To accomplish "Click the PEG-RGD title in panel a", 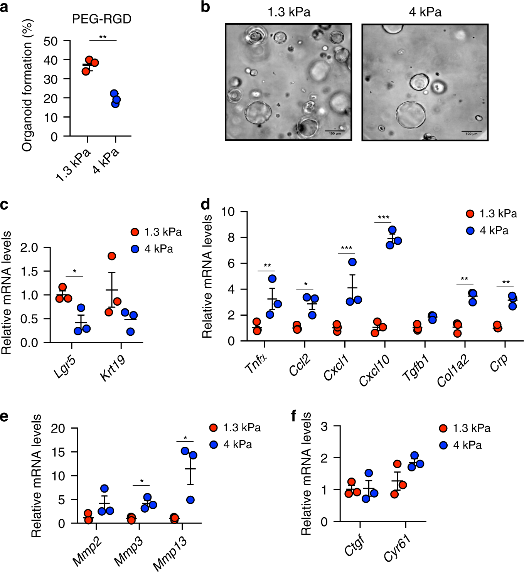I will pos(101,19).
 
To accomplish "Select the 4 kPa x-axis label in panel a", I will pos(106,161).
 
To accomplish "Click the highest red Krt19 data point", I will pos(112,256).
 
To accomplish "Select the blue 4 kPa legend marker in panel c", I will pos(135,249).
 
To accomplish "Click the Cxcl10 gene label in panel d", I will pos(374,370).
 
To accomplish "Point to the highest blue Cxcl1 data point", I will pos(352,262).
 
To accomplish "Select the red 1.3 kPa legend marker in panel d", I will pos(470,214).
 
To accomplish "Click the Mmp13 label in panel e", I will pos(170,553).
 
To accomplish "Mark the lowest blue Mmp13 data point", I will pos(190,500).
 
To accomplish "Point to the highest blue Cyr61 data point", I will pos(414,456).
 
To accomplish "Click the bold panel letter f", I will pos(294,416).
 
